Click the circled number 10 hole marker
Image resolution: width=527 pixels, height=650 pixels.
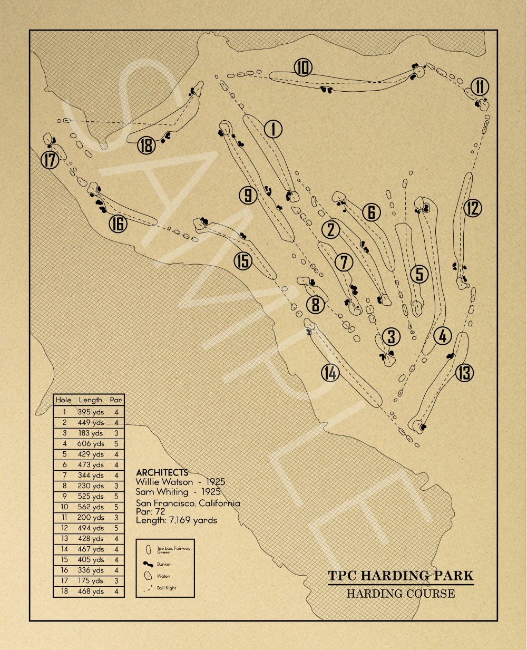(303, 67)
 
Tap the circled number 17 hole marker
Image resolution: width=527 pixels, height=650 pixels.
(50, 159)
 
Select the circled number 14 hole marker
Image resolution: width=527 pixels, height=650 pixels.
(330, 373)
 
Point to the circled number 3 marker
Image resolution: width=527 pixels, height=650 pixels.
(392, 336)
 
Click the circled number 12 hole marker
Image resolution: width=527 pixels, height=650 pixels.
(473, 208)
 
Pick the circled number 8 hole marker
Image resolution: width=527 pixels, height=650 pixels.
(315, 304)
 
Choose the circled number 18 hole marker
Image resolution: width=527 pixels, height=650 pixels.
(147, 145)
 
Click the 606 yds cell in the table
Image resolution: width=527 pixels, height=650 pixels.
(91, 444)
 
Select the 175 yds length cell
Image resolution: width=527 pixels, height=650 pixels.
(91, 581)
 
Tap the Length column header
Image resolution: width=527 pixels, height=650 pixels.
(91, 400)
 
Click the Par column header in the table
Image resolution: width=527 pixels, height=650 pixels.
(116, 400)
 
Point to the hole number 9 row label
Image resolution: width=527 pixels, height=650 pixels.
(64, 497)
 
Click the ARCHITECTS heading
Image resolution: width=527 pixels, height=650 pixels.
(162, 472)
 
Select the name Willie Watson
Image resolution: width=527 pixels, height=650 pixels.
(164, 482)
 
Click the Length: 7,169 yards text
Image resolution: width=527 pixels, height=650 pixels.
(176, 520)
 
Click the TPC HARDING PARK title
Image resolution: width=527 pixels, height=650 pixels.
(401, 575)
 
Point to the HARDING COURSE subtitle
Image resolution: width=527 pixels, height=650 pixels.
(401, 594)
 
